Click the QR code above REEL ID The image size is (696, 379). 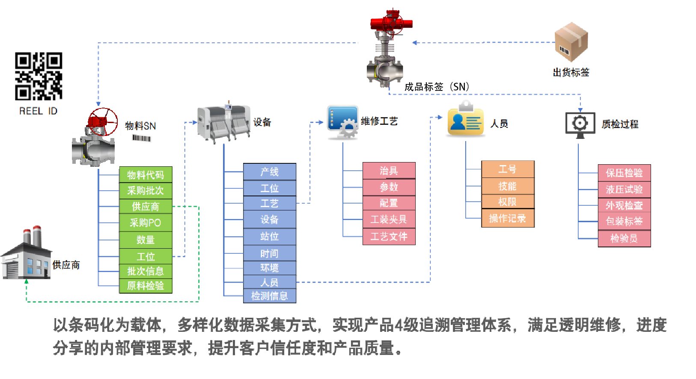(39, 76)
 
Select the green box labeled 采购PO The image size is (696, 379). (146, 223)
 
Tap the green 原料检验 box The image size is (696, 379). (146, 286)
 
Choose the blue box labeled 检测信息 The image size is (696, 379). (269, 296)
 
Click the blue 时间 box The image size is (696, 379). (269, 253)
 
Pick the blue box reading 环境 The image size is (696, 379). (269, 268)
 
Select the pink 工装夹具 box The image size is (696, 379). (389, 220)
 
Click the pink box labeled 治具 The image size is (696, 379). (389, 171)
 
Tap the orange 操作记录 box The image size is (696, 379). (508, 219)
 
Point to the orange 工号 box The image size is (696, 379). (508, 169)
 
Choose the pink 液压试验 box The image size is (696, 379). (624, 189)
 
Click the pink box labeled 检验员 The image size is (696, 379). (624, 238)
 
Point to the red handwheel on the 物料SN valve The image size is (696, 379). (103, 121)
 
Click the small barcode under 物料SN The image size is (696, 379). (141, 138)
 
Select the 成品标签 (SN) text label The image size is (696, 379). (437, 87)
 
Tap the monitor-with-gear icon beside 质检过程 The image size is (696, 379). (580, 125)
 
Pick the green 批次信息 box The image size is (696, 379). (146, 271)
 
